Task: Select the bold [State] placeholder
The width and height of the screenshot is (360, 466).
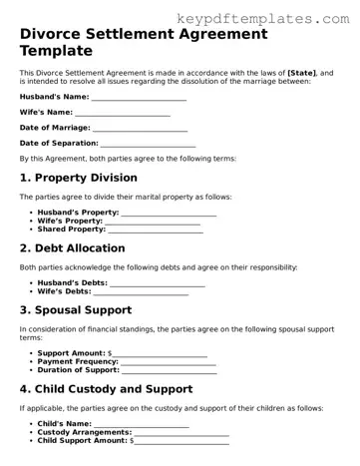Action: pyautogui.click(x=304, y=74)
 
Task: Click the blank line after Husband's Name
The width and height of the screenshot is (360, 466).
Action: pyautogui.click(x=139, y=97)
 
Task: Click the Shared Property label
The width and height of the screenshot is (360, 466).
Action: pyautogui.click(x=71, y=229)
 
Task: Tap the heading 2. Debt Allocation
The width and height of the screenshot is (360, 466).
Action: pyautogui.click(x=73, y=248)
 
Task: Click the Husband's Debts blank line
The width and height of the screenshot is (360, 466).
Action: pyautogui.click(x=159, y=283)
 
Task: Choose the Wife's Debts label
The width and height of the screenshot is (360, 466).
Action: pyautogui.click(x=69, y=291)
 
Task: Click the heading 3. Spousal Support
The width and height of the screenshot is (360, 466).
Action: pyautogui.click(x=77, y=311)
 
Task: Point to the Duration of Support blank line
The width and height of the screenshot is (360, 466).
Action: pyautogui.click(x=169, y=370)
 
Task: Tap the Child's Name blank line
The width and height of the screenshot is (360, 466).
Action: pyautogui.click(x=141, y=424)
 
